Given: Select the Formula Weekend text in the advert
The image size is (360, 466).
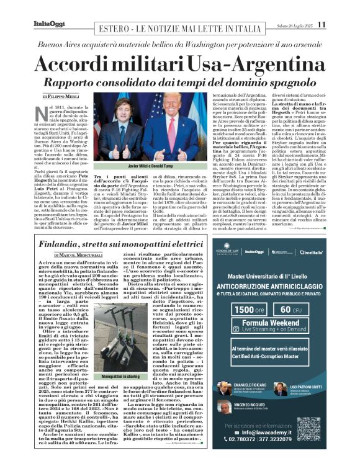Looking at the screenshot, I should (x=271, y=323).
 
